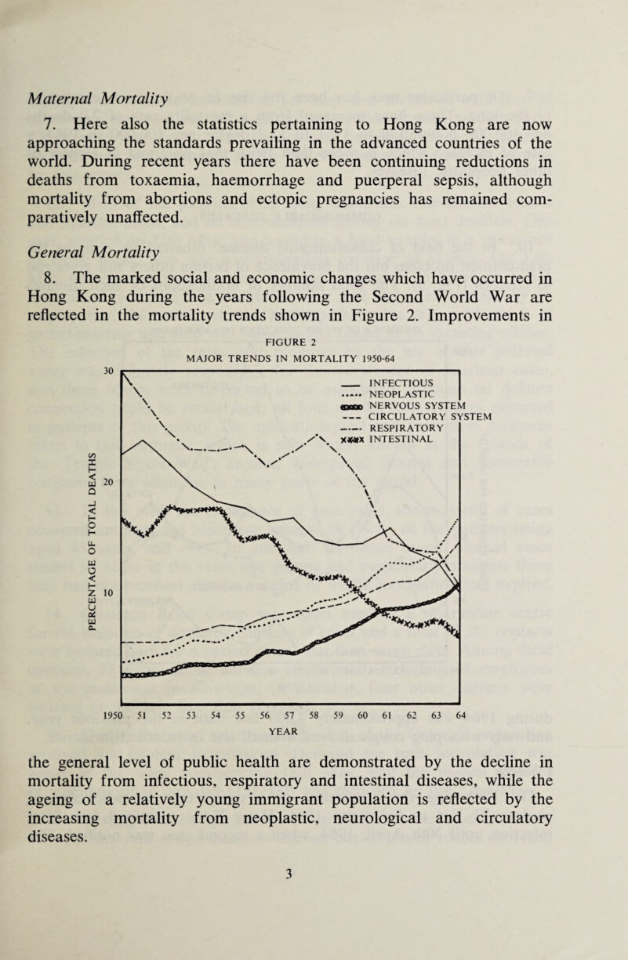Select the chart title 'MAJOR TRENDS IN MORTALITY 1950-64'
tap(289, 379)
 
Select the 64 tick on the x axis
tap(458, 715)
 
